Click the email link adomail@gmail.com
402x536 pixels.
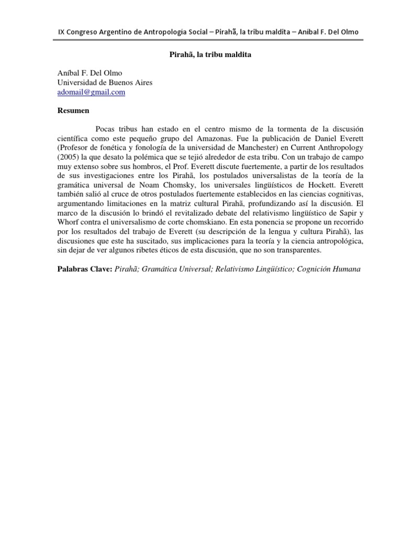coord(91,92)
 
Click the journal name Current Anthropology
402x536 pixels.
coord(314,148)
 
